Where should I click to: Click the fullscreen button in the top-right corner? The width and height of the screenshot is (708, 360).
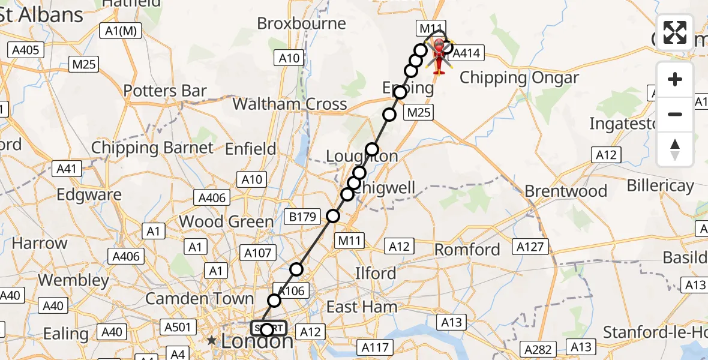675,32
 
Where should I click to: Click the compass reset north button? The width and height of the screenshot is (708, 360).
675,149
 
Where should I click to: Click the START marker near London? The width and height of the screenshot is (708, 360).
268,328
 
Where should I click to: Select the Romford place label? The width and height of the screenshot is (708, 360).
467,250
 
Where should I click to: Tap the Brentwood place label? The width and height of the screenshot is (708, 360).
566,191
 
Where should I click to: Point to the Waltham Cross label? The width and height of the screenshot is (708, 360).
290,104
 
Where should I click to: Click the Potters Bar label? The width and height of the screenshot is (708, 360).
165,91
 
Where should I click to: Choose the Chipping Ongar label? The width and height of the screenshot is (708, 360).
520,78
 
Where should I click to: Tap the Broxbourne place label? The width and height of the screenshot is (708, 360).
302,24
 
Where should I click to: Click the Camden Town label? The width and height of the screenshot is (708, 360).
200,298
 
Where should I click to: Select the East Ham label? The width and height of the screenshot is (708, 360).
362,307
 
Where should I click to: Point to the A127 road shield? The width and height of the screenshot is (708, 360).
532,247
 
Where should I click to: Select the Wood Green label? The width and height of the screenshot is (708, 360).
226,222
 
